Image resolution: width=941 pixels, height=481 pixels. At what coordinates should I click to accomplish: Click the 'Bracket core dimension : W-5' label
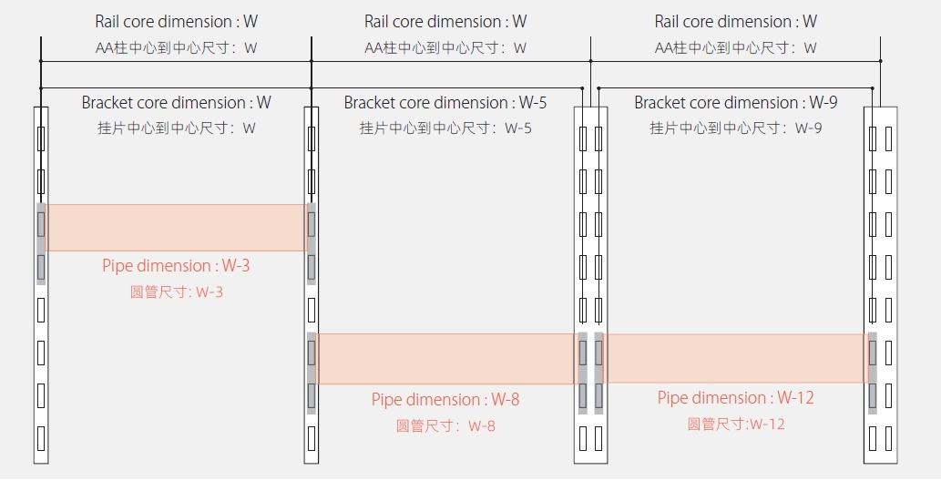(x=445, y=103)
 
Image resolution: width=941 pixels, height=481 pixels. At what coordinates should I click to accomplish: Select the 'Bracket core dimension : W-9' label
(x=735, y=103)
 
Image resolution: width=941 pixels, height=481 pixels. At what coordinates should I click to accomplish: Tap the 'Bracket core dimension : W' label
(x=176, y=103)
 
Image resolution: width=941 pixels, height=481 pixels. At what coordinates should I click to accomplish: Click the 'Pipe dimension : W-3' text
(x=176, y=266)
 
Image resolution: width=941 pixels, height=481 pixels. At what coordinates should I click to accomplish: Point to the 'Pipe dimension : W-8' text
(x=445, y=400)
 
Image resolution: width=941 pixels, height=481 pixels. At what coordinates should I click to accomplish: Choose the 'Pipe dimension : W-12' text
(x=735, y=398)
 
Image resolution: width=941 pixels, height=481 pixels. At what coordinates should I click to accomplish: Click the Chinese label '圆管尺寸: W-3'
(x=176, y=292)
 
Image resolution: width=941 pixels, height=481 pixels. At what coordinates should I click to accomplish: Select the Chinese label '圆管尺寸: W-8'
(x=445, y=425)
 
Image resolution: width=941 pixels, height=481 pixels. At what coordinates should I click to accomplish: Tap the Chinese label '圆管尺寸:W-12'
(x=735, y=424)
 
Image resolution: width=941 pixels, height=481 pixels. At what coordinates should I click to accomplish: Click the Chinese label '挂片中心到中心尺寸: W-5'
(x=445, y=128)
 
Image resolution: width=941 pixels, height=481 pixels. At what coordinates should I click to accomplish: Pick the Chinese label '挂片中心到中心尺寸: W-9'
(x=735, y=128)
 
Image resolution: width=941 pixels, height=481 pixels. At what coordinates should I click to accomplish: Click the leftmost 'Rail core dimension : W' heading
(x=176, y=22)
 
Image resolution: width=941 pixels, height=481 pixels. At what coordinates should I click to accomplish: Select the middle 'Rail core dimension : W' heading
(x=445, y=22)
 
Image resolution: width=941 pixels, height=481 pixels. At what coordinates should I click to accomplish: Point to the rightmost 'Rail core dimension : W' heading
(x=735, y=22)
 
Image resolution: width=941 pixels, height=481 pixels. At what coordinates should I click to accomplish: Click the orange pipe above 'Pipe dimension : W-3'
(x=176, y=228)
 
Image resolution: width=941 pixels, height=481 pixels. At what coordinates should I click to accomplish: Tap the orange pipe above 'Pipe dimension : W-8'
(x=446, y=359)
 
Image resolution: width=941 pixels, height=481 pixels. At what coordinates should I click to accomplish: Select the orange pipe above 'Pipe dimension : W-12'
(x=734, y=359)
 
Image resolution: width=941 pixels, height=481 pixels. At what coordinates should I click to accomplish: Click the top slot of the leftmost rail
(x=41, y=138)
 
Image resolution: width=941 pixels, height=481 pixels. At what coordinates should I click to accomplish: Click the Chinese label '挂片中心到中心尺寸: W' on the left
(x=176, y=128)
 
